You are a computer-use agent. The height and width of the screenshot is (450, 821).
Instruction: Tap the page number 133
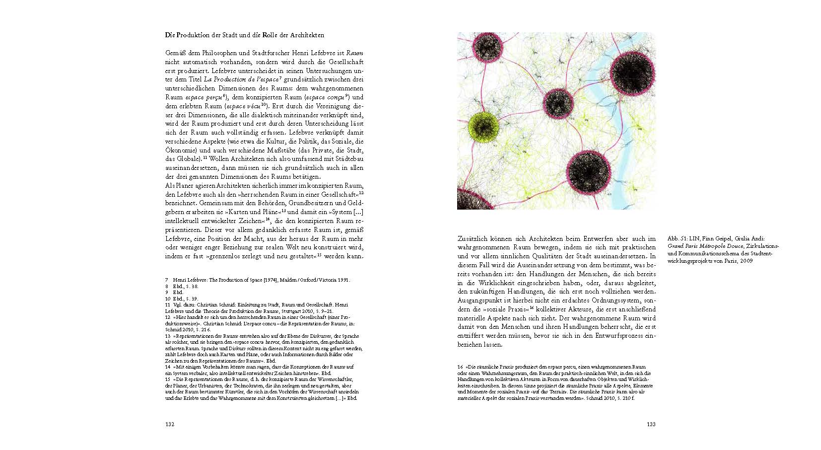click(x=651, y=424)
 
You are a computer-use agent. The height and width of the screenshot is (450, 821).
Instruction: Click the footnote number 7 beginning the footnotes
click(x=167, y=280)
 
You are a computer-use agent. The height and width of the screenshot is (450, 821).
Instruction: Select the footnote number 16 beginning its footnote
click(x=460, y=367)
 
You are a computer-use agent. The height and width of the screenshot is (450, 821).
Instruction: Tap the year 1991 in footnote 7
click(x=342, y=280)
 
